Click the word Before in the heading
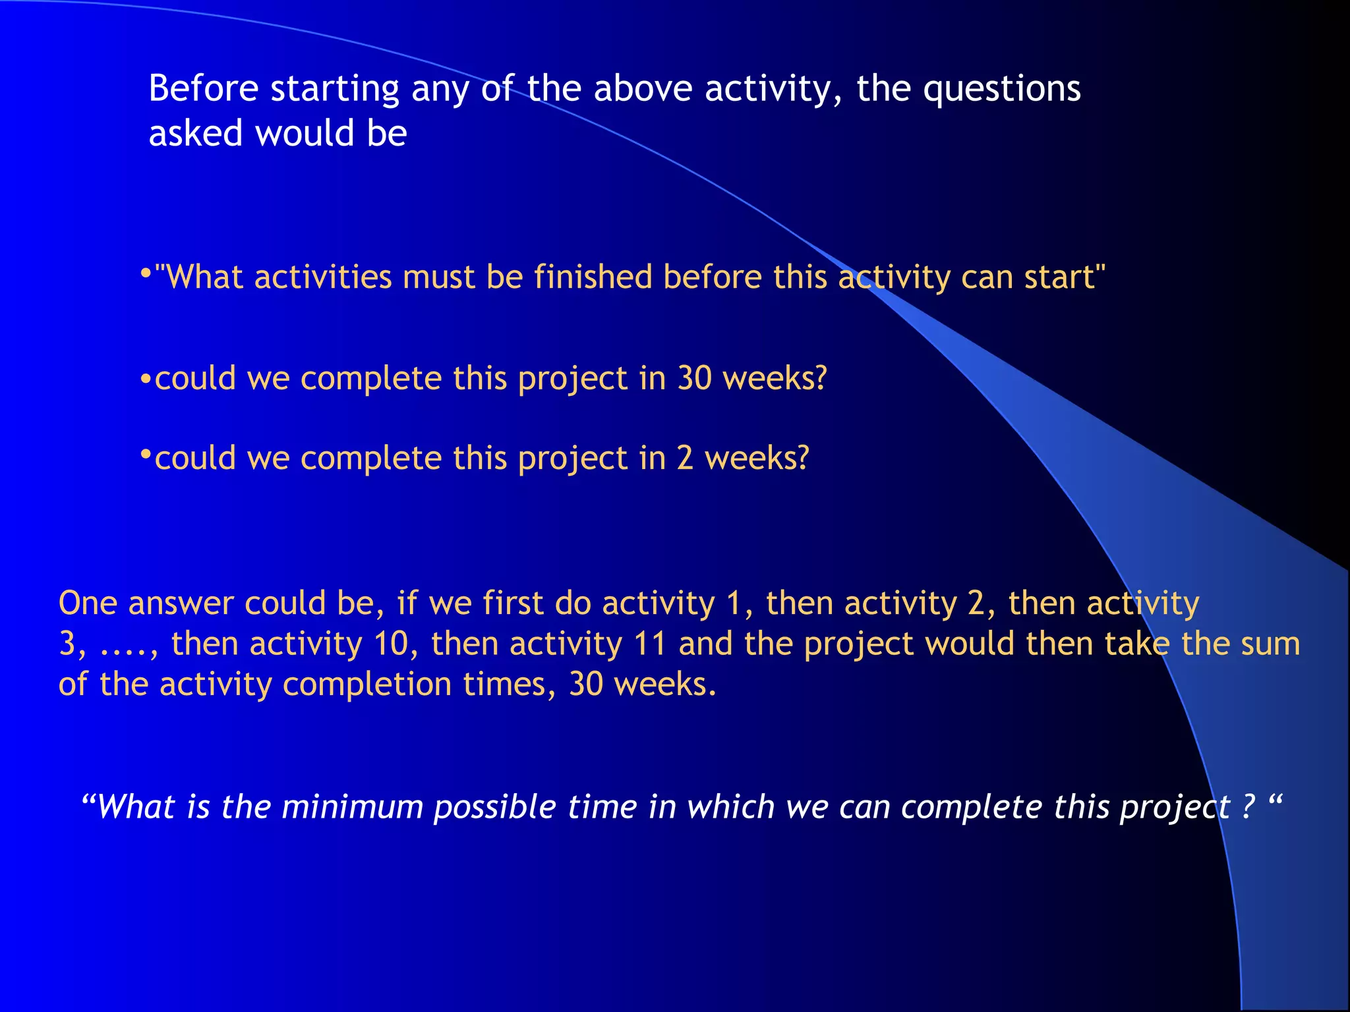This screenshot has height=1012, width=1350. (x=203, y=88)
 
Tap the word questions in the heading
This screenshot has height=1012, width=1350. (x=1001, y=90)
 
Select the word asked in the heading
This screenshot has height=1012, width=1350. (x=196, y=134)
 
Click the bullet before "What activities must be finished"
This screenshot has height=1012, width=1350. (x=146, y=272)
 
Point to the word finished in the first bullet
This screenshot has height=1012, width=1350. (x=593, y=277)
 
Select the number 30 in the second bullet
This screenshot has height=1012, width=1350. (x=695, y=378)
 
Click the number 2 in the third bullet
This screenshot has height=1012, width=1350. (x=685, y=458)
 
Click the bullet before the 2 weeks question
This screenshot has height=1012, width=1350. (x=146, y=455)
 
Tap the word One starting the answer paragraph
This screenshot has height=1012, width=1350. (x=88, y=603)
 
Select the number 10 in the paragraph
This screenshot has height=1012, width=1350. (x=392, y=644)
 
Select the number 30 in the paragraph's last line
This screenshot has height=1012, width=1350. (x=586, y=684)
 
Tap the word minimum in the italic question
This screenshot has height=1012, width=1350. (x=352, y=807)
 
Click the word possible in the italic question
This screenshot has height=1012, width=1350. (x=494, y=808)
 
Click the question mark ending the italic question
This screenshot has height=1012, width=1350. (x=1248, y=806)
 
